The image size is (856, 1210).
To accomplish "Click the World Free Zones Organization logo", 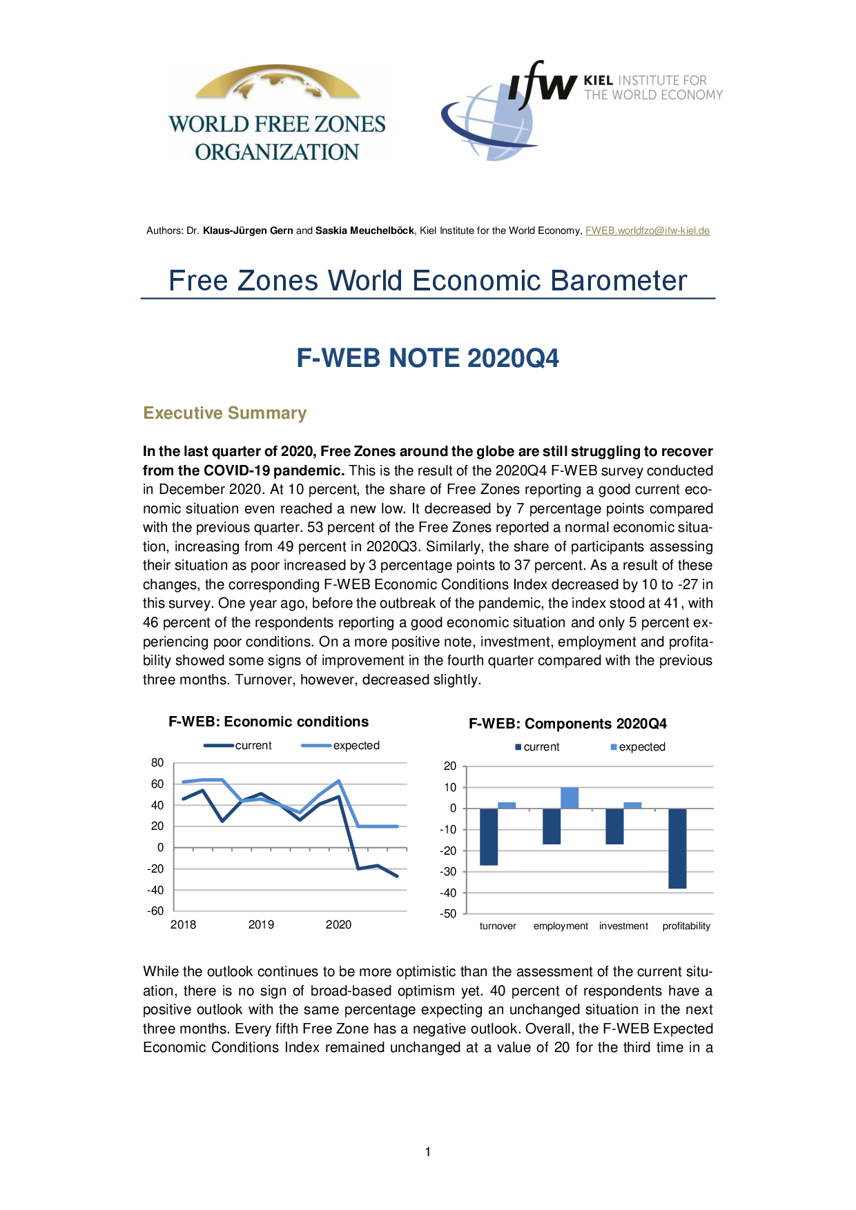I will (x=277, y=113).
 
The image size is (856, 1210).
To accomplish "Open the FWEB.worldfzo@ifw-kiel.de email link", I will (x=647, y=230).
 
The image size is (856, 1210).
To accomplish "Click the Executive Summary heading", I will (x=224, y=413).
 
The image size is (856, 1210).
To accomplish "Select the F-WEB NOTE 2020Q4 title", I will (x=427, y=358).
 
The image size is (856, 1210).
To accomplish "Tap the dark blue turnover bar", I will (x=489, y=836).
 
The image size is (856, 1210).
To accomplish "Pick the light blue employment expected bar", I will (x=570, y=797).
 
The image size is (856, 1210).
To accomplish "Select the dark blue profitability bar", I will (x=677, y=848).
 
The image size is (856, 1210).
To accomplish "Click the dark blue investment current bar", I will (x=614, y=826).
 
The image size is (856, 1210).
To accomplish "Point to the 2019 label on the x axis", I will (x=261, y=924).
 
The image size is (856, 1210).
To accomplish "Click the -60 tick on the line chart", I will (x=155, y=911).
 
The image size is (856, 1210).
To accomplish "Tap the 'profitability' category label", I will (x=686, y=926).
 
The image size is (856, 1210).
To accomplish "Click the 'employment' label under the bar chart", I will (x=561, y=926).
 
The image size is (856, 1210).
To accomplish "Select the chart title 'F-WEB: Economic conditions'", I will (x=269, y=722).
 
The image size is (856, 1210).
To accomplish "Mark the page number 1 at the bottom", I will (x=428, y=1151).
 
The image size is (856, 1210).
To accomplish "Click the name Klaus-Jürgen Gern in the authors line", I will (x=248, y=230).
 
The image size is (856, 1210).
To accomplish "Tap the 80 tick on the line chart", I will (x=157, y=762).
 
